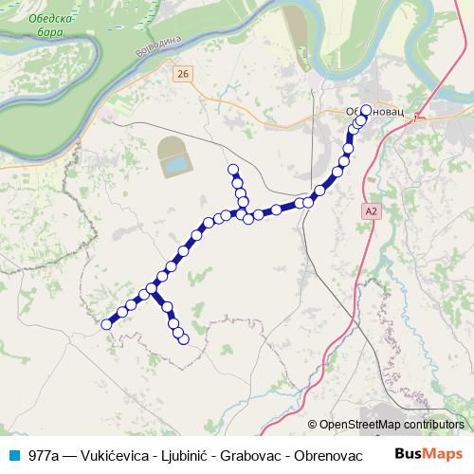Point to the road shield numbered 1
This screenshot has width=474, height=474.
pos(414,118)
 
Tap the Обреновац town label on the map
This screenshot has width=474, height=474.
pos(375,112)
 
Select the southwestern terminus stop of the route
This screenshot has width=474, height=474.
pos(106,325)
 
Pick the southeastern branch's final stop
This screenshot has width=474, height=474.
pos(184,338)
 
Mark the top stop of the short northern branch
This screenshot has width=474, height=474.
pos(233,170)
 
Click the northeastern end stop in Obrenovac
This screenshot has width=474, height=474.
pos(366,109)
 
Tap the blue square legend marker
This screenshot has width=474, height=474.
pos(13,455)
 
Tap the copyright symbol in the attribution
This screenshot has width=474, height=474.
pos(313,426)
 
